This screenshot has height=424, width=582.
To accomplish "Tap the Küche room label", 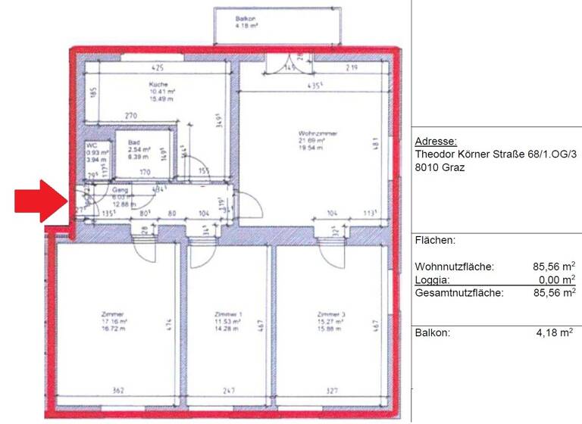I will (x=158, y=85).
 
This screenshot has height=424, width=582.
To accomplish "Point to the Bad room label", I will (x=133, y=142).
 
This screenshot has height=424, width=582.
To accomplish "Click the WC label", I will (x=91, y=145).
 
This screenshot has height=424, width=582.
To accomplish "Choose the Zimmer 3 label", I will (x=331, y=313).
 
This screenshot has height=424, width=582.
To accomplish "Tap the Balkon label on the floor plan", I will (x=245, y=17).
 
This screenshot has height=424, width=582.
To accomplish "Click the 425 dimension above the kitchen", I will (x=158, y=67).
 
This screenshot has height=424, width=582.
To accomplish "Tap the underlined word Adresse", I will (x=436, y=142).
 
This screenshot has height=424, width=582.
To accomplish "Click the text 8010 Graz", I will (x=440, y=167).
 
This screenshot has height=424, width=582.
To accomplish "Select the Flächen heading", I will (x=436, y=241).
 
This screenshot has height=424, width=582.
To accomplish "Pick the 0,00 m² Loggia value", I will (x=555, y=279).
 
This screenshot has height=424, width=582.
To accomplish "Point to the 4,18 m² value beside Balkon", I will (x=555, y=333).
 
